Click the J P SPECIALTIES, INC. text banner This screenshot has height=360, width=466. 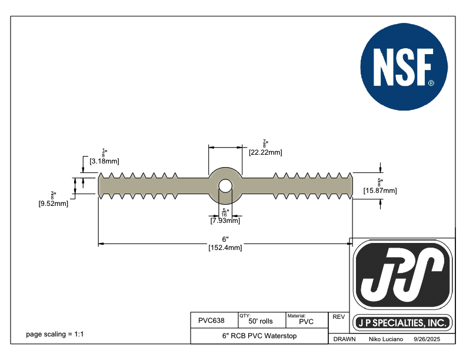pyautogui.click(x=403, y=323)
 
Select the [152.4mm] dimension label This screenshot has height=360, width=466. pyautogui.click(x=225, y=248)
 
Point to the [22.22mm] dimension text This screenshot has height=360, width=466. pyautogui.click(x=265, y=152)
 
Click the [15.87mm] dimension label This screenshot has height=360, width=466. pyautogui.click(x=380, y=190)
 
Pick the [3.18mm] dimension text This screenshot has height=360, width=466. pyautogui.click(x=105, y=160)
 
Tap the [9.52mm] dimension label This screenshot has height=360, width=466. pyautogui.click(x=53, y=204)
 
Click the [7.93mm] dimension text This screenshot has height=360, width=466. pyautogui.click(x=225, y=221)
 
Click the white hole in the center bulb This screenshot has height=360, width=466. pyautogui.click(x=225, y=186)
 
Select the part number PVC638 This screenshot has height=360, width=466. pyautogui.click(x=211, y=321)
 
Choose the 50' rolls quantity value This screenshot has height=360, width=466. pyautogui.click(x=261, y=322)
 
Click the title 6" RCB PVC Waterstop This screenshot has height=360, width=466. pyautogui.click(x=259, y=336)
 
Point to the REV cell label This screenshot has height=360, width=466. pyautogui.click(x=338, y=317)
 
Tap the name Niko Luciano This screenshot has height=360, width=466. pyautogui.click(x=385, y=339)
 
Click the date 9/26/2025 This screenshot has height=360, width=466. pyautogui.click(x=427, y=339)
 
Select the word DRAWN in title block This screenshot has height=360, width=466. pyautogui.click(x=344, y=339)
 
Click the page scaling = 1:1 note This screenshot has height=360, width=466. pyautogui.click(x=55, y=334)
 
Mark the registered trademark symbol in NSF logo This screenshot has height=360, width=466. pyautogui.click(x=431, y=84)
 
